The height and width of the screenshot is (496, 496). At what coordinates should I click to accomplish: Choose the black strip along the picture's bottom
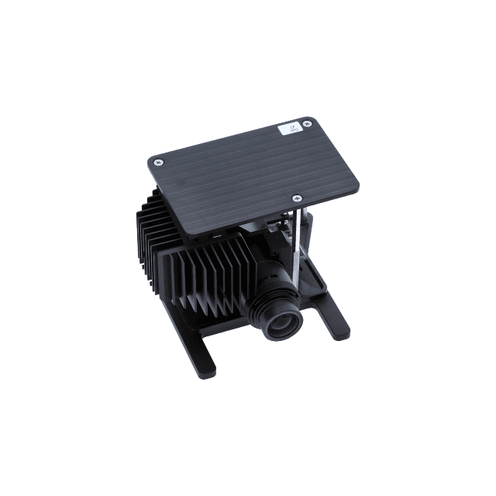248,449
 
